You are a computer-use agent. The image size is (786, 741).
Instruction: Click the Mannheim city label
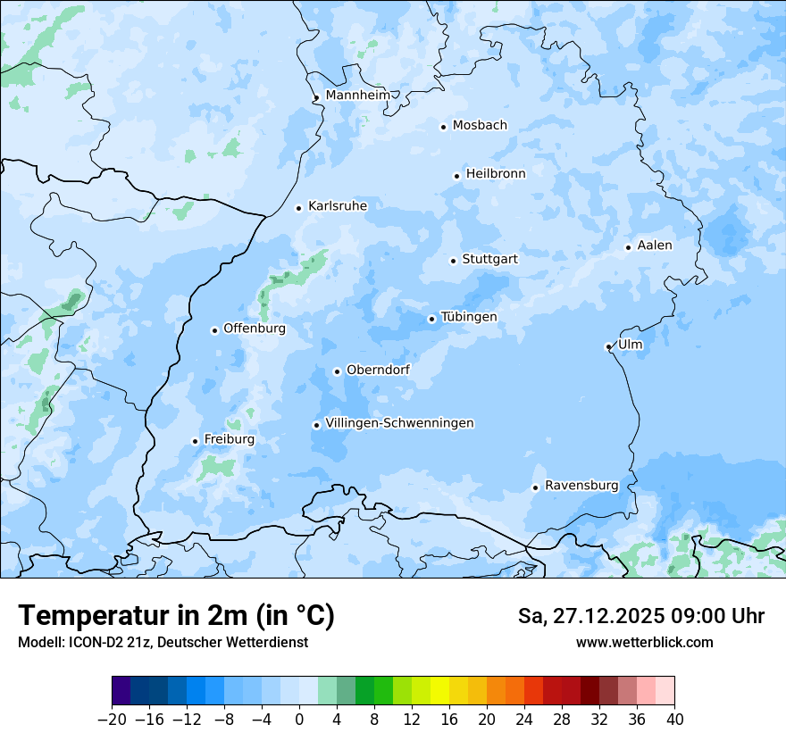pos(357,96)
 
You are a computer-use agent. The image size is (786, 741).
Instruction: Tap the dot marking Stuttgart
pos(453,261)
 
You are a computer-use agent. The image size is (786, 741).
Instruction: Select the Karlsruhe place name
pos(337,206)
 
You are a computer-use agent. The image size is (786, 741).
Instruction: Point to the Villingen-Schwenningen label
pos(399,423)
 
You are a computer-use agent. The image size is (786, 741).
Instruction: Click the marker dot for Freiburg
pos(195,441)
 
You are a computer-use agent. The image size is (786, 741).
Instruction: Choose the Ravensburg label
pos(581,486)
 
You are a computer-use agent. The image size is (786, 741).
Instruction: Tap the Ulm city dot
pos(608,346)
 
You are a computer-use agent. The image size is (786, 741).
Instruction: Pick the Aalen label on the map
pos(654,246)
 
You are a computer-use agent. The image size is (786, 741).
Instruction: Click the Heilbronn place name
pos(495,174)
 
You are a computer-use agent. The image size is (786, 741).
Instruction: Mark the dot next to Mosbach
pos(443,127)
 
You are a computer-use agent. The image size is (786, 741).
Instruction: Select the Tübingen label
pos(468,317)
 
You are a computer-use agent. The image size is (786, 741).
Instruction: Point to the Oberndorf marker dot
pos(337,371)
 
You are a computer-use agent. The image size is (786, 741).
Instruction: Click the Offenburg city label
pos(254,329)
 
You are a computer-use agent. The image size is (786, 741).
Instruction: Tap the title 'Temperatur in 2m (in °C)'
pos(176,615)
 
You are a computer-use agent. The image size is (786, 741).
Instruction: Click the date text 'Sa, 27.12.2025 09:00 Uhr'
pos(640,616)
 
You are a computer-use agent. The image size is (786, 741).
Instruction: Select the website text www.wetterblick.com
pos(644,642)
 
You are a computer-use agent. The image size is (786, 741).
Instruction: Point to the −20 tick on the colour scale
pos(113,719)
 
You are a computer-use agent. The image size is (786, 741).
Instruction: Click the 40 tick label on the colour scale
pos(674,719)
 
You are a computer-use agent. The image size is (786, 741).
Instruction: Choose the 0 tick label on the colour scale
pos(299,719)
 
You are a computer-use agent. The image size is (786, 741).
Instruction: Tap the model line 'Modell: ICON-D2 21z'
pos(163,642)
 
